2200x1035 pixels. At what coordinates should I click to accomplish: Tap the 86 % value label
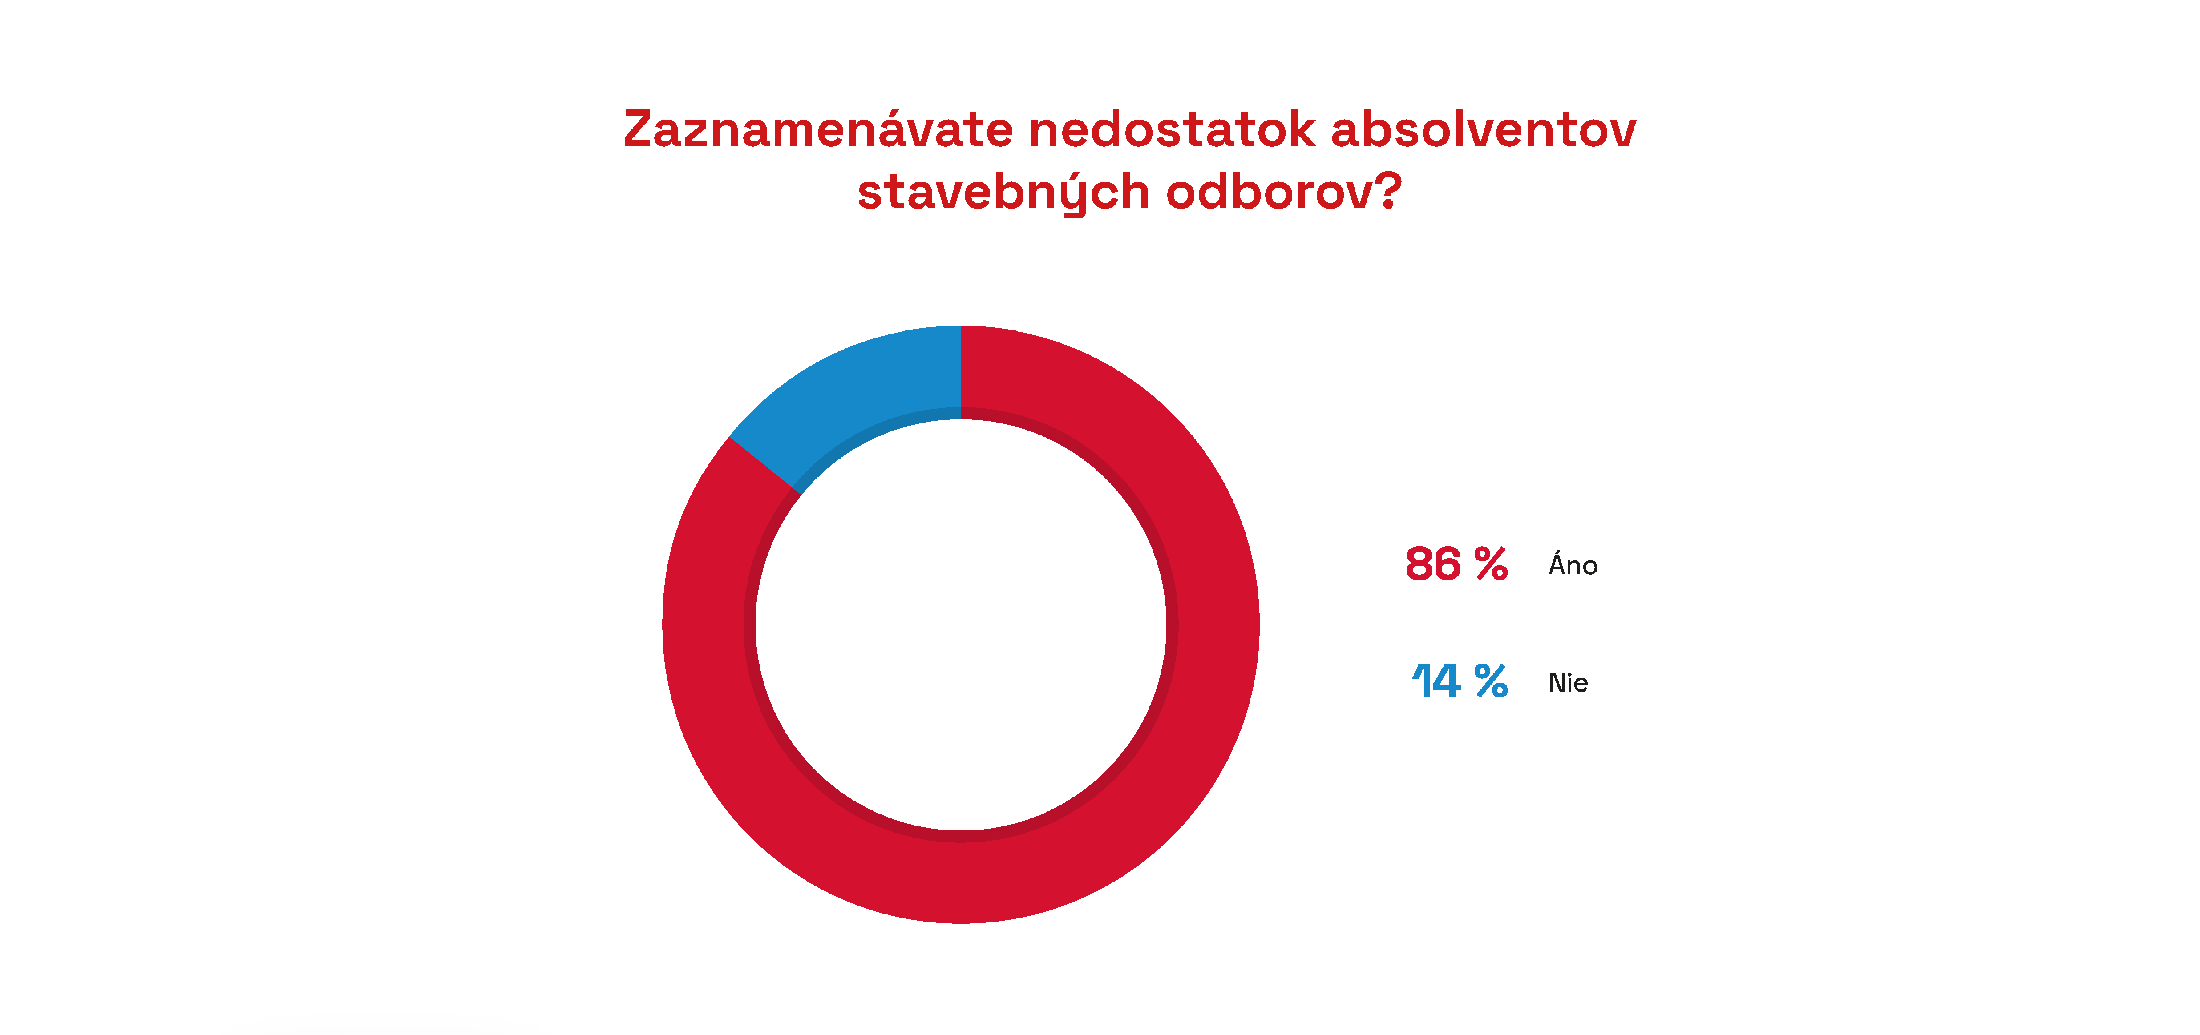pos(1456,564)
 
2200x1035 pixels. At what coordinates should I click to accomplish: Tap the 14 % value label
pos(1460,681)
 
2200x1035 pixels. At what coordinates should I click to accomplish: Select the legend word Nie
pos(1568,682)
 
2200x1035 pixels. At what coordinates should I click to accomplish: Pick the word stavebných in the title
pos(1003,192)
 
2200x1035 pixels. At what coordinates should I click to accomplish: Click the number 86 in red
pos(1433,564)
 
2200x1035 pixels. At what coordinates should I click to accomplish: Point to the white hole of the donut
pos(961,624)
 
